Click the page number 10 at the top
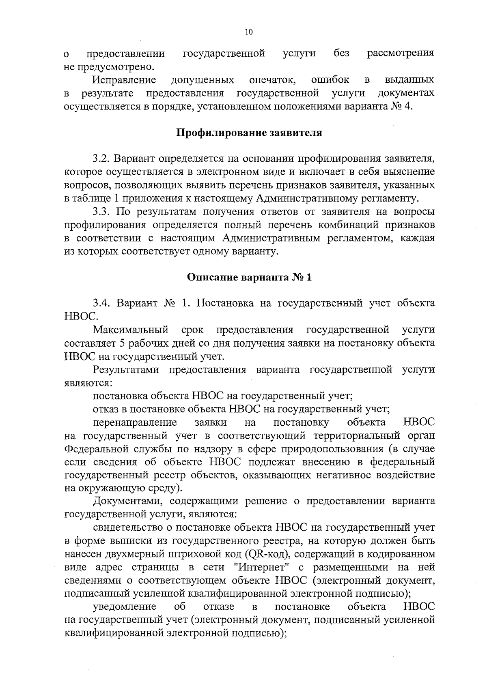(249, 32)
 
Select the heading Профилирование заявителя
(249, 133)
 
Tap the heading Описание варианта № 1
(249, 277)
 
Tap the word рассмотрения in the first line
(401, 53)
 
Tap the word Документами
(128, 501)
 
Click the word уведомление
(125, 607)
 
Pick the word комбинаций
(340, 225)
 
